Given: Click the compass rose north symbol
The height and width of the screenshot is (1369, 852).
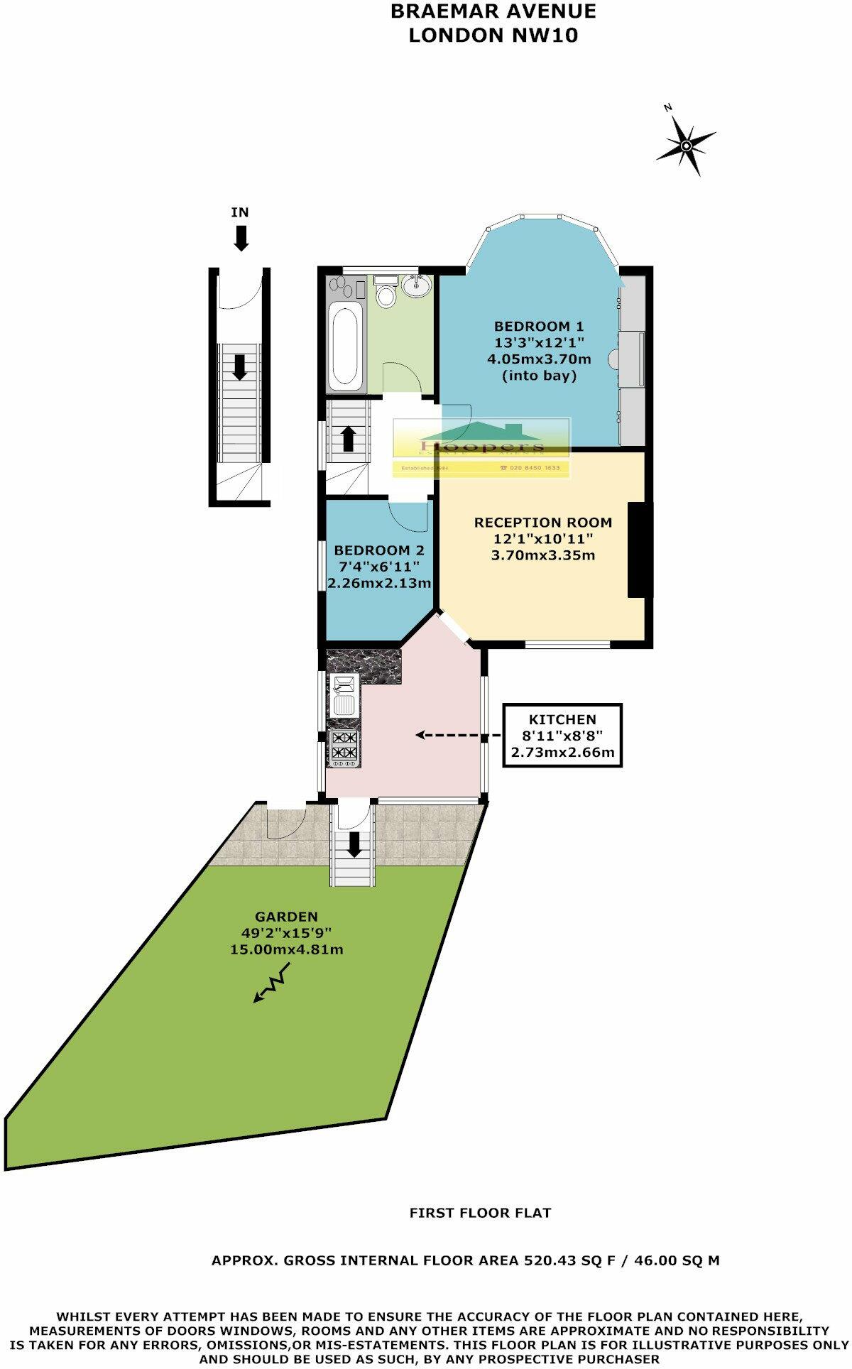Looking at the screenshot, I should (x=686, y=146).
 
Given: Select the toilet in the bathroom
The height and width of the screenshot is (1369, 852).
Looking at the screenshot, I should (x=386, y=293).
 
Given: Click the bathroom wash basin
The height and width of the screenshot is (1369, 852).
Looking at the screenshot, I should (x=415, y=286).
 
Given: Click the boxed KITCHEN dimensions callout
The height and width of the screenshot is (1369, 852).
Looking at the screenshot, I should (x=562, y=736).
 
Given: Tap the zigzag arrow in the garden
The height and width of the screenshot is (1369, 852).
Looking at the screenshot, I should (x=272, y=983).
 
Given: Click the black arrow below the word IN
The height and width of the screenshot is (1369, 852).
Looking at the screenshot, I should (x=241, y=237).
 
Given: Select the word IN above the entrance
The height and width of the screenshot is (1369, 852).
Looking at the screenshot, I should (x=240, y=212).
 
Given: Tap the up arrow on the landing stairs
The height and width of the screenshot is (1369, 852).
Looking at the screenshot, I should (x=348, y=437).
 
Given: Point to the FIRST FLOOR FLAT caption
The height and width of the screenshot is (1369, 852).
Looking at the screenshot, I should (x=480, y=1213).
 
